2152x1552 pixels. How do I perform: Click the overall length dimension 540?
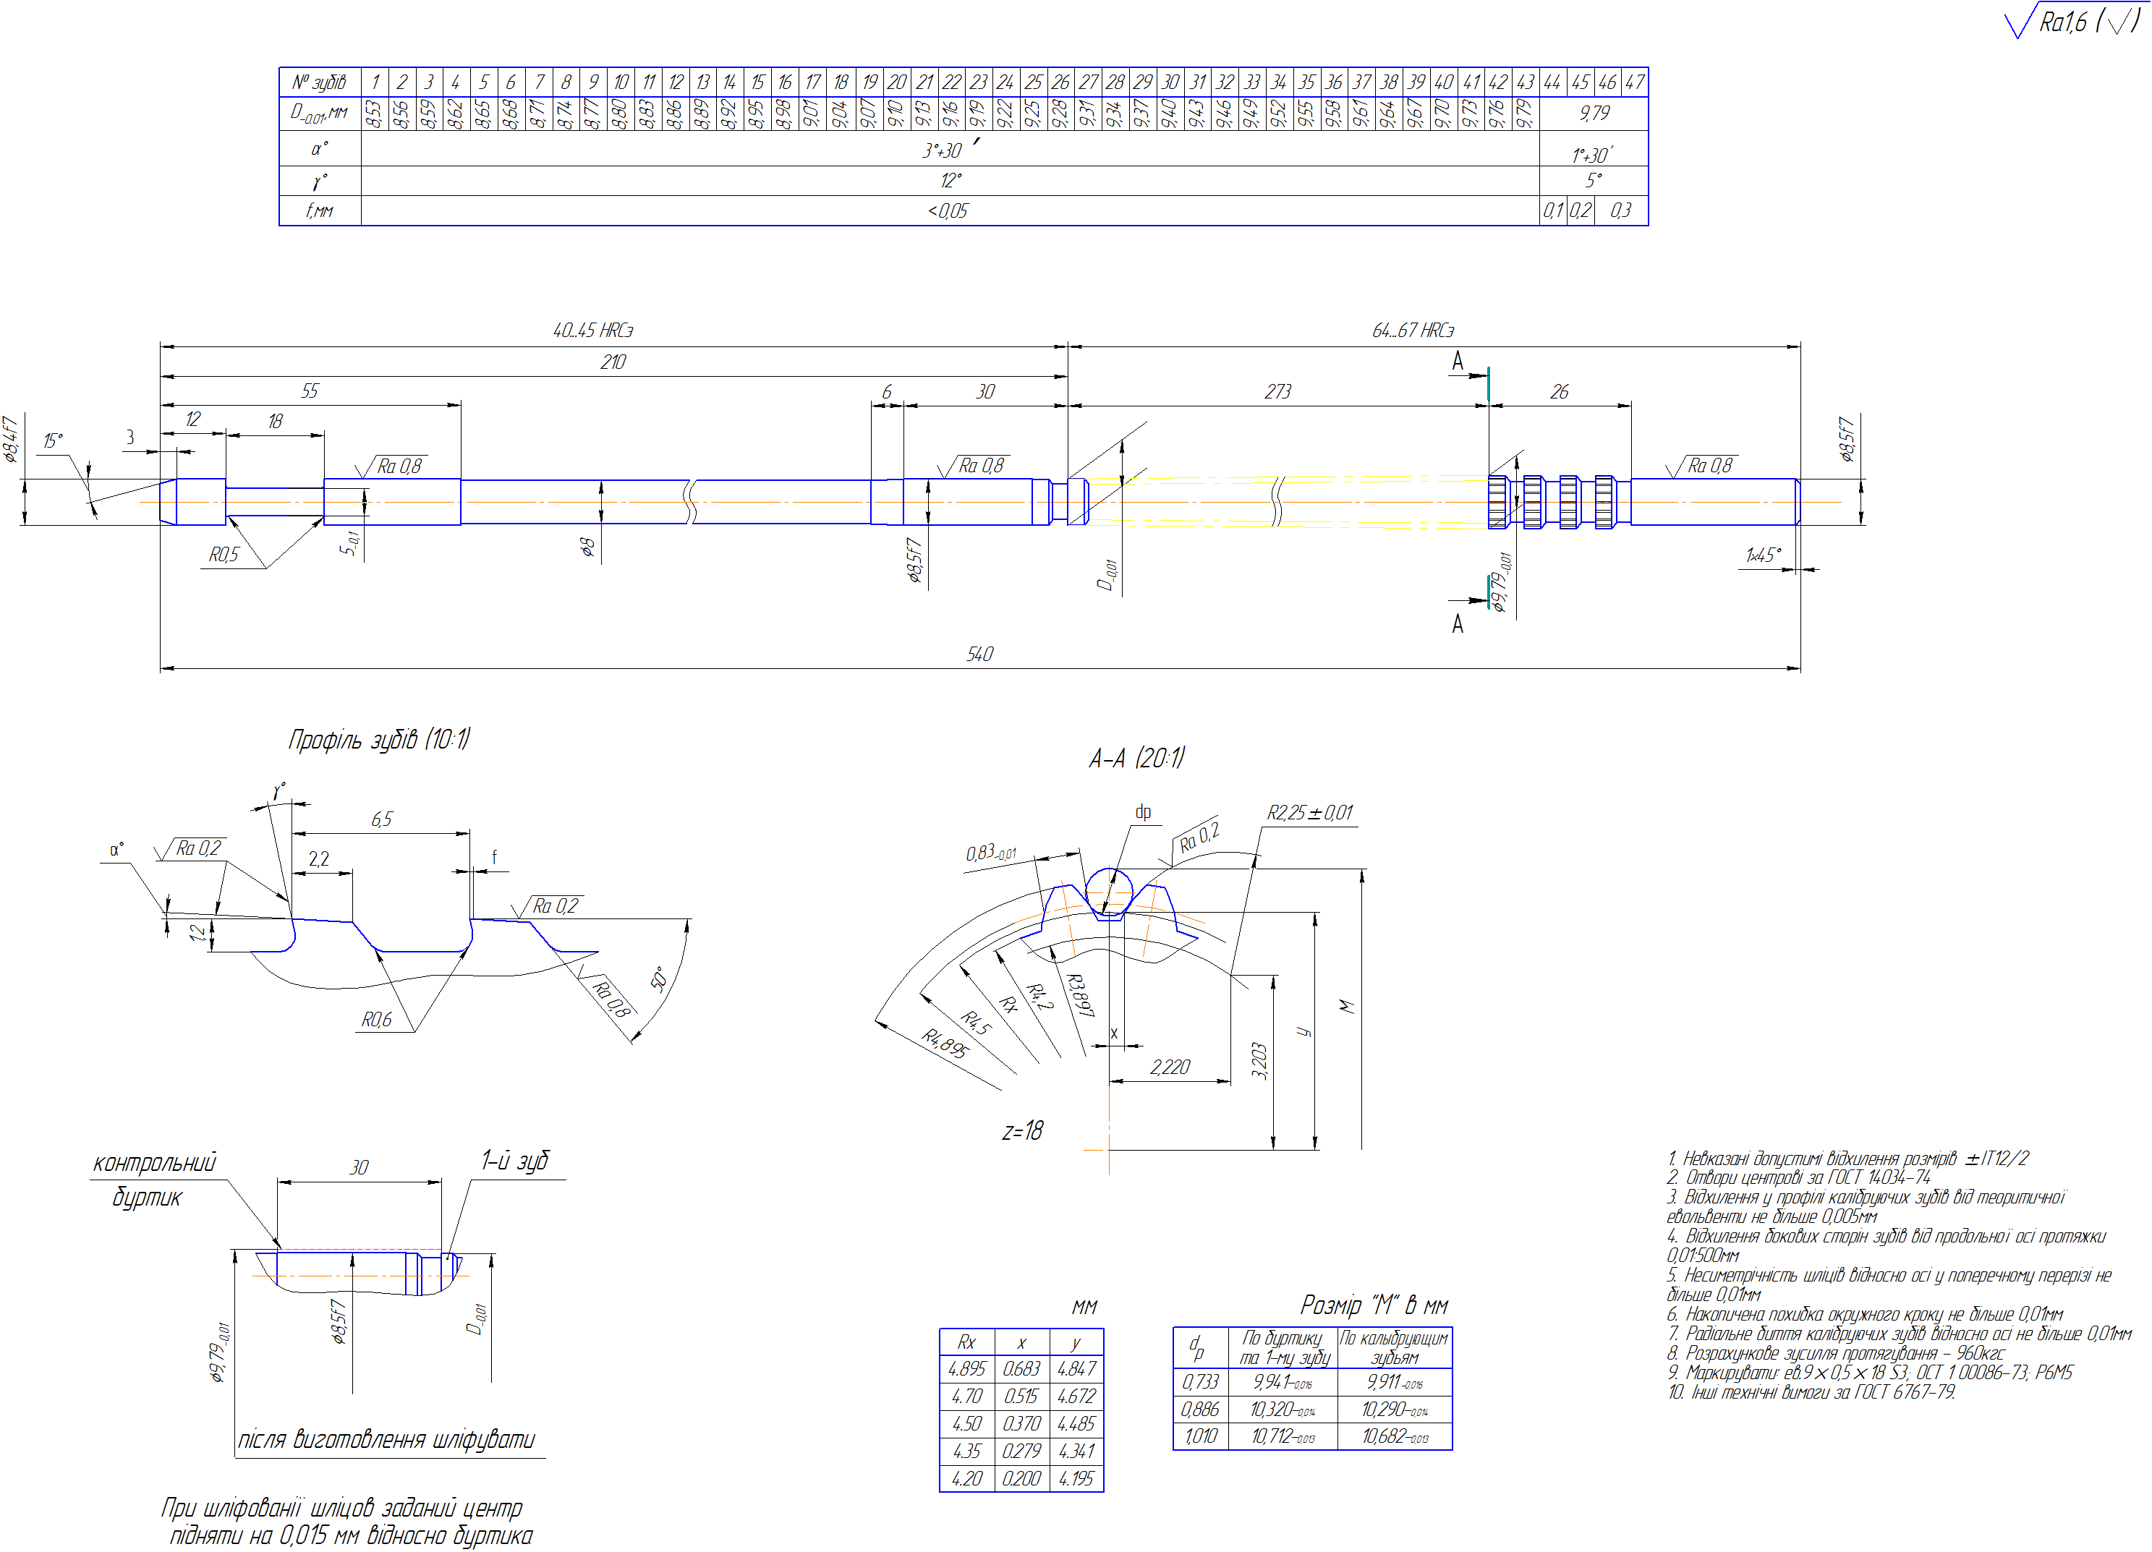click(x=979, y=654)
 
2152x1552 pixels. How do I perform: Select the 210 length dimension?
click(x=613, y=362)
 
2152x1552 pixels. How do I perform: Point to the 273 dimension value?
click(x=1277, y=391)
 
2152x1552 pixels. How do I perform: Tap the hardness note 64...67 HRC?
click(x=1412, y=330)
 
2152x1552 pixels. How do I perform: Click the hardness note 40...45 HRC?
click(x=593, y=330)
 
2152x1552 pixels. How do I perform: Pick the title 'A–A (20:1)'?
click(x=1136, y=758)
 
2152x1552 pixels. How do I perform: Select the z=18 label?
click(x=1022, y=1131)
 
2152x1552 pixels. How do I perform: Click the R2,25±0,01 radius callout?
click(x=1309, y=813)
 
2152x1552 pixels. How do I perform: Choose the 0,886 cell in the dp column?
click(x=1200, y=1410)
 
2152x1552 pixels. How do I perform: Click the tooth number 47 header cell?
click(x=1634, y=82)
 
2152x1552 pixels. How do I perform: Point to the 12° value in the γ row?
click(x=950, y=180)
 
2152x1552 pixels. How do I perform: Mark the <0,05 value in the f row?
click(x=948, y=210)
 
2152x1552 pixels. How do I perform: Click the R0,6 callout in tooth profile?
click(x=375, y=1020)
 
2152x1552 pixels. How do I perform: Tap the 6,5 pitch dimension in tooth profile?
click(x=381, y=819)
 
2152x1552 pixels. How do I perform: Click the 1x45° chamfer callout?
click(x=1763, y=555)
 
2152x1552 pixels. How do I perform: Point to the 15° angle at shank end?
click(x=53, y=441)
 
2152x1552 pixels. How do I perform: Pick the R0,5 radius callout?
click(x=224, y=555)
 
